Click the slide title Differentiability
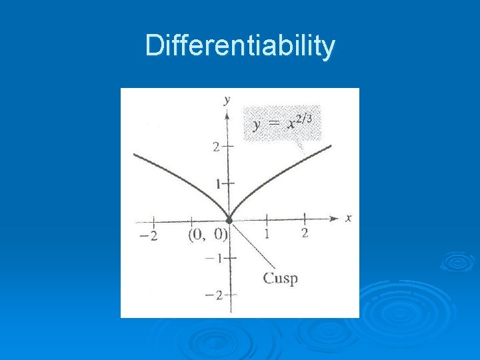[240, 46]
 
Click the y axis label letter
[227, 100]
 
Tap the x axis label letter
[349, 217]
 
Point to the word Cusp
[280, 278]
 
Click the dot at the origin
[229, 219]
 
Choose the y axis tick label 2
[216, 147]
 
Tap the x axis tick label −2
[149, 235]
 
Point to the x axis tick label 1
[267, 234]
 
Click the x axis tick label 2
[305, 233]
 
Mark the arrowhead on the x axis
[335, 218]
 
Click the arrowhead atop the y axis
[229, 114]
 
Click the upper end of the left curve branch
[135, 155]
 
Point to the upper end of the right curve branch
[329, 146]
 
